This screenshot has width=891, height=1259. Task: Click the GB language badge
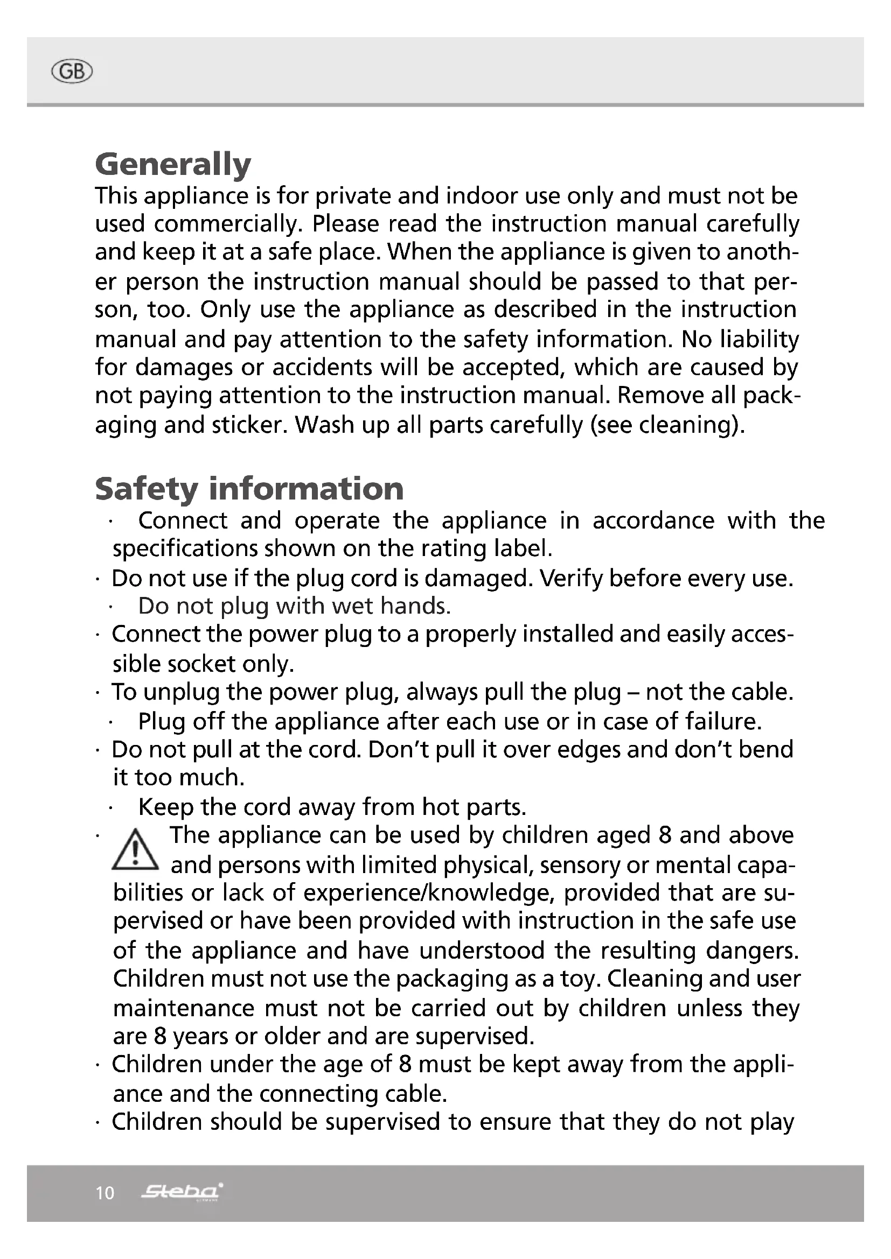point(71,72)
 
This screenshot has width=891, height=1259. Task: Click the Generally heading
point(173,164)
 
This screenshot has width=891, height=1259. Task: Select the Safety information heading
point(249,489)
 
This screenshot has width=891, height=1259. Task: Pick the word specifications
point(185,548)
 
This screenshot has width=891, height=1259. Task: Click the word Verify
point(570,578)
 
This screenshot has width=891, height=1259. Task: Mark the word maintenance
point(184,1008)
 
